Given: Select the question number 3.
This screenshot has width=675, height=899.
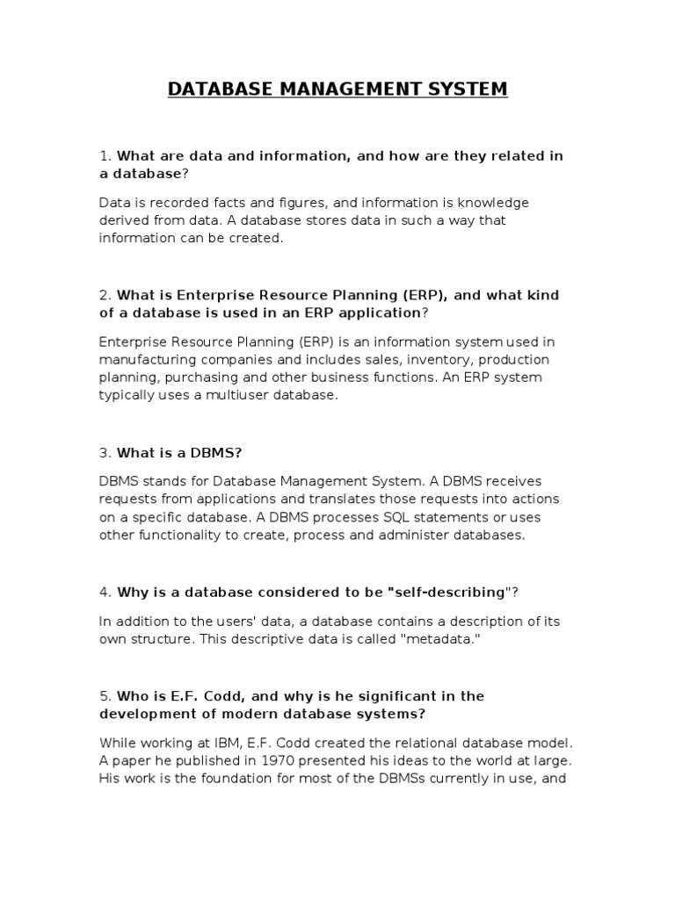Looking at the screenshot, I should [104, 452].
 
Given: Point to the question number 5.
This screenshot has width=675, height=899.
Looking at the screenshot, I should [104, 696].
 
